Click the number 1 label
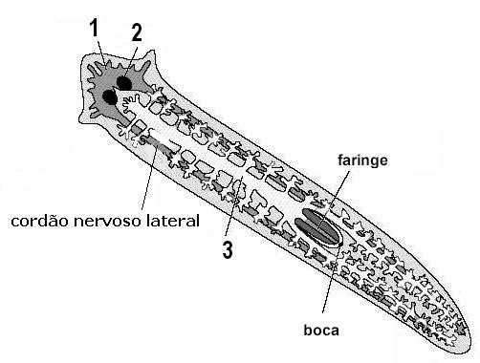pyautogui.click(x=94, y=30)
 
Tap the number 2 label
pyautogui.click(x=137, y=32)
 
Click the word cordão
pyautogui.click(x=39, y=222)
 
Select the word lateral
pyautogui.click(x=172, y=222)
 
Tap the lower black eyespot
pyautogui.click(x=110, y=96)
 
